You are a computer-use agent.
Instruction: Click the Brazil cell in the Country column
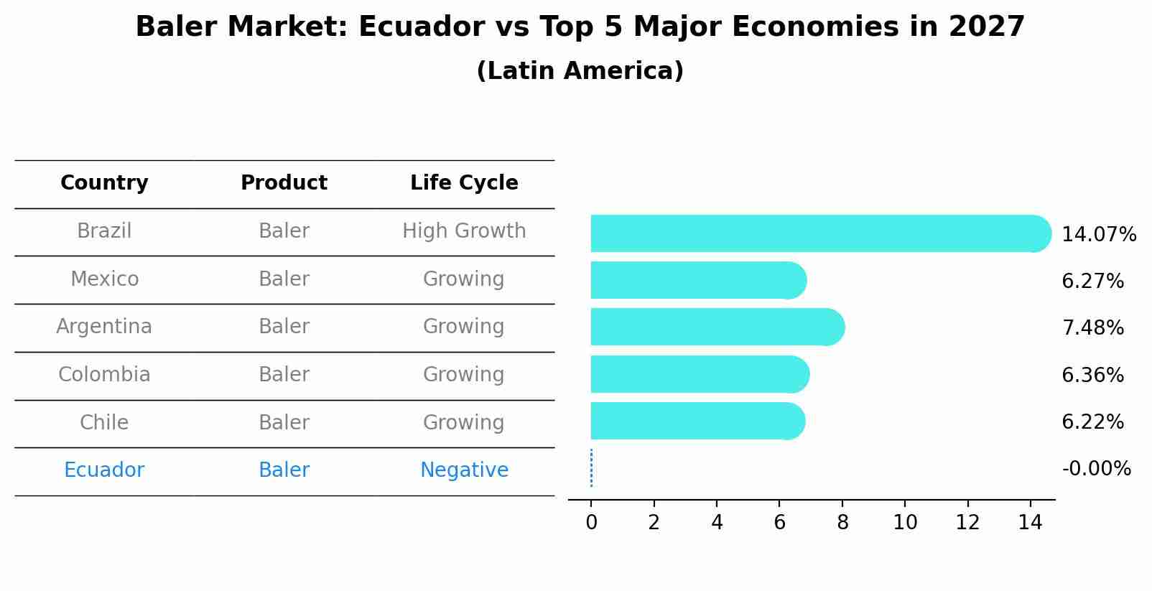[104, 231]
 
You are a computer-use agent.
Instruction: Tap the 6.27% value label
[1092, 281]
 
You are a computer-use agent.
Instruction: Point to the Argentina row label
[104, 327]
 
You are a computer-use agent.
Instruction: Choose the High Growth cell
[464, 231]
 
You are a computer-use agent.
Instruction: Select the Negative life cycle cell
[464, 470]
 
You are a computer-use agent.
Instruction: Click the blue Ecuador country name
[104, 470]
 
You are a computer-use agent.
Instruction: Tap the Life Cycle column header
[464, 183]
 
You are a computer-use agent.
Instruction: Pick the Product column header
[284, 183]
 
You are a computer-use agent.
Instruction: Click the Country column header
[104, 183]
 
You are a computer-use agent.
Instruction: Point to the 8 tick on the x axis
[842, 523]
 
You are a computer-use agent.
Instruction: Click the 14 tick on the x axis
[1030, 523]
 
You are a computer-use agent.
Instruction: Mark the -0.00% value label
[1096, 469]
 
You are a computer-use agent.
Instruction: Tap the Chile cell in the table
[104, 422]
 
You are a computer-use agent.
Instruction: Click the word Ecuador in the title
[420, 27]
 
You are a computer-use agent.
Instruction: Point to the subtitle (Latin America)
[580, 71]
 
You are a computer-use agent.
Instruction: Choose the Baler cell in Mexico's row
[284, 279]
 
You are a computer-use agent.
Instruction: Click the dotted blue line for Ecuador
[591, 468]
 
